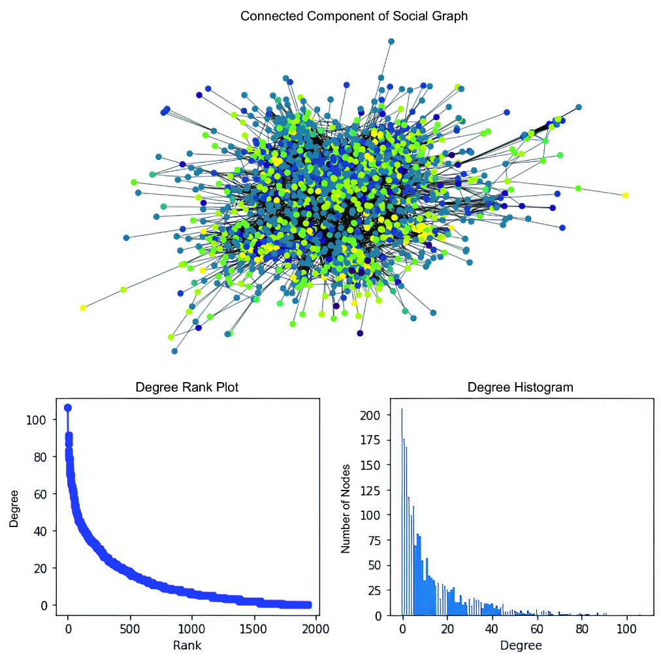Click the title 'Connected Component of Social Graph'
click(353, 16)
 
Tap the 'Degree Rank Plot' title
click(187, 387)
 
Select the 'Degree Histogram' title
click(520, 387)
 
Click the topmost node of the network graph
click(391, 41)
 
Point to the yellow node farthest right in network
click(625, 195)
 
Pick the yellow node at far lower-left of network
click(82, 308)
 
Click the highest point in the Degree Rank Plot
click(67, 408)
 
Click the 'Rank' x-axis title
click(187, 645)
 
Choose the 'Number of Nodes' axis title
click(346, 509)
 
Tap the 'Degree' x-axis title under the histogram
click(521, 645)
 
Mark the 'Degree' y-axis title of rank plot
click(14, 509)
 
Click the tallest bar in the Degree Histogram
click(402, 512)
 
